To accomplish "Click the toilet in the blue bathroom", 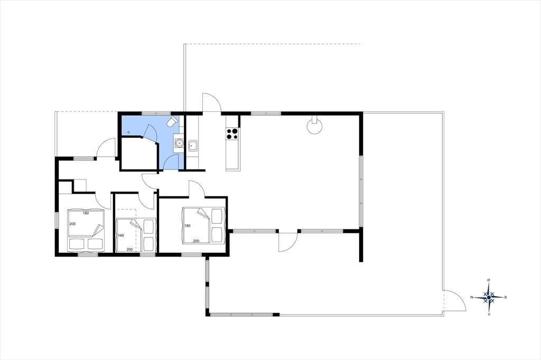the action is coord(173,121).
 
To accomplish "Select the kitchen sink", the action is coord(192,146).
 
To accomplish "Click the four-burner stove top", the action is coord(232,134).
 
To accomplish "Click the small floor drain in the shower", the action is coord(128,132).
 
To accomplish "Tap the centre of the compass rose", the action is coord(489,297).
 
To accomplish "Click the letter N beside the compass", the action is coord(472,297).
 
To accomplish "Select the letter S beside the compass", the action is coord(506,297).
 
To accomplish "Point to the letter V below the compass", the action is coord(489,314).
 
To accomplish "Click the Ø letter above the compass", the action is coord(489,280).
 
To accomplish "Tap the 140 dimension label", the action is coord(121,235).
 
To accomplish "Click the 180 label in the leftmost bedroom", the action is coord(86,213).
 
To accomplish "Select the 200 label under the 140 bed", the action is coord(130,249).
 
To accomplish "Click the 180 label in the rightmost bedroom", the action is coord(188,226).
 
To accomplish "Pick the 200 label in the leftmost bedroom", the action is coord(72,224).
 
